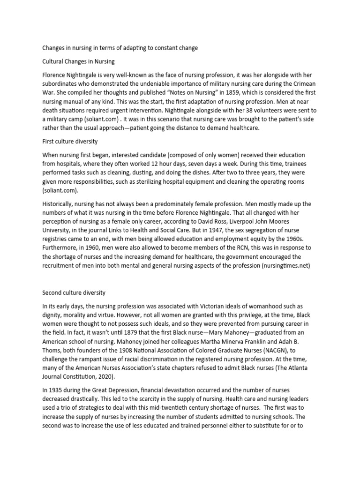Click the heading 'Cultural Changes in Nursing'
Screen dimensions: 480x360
[x=79, y=61]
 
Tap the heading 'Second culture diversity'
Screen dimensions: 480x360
[x=74, y=292]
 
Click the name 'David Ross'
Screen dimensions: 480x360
[x=214, y=221]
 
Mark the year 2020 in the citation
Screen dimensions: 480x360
[x=106, y=377]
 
